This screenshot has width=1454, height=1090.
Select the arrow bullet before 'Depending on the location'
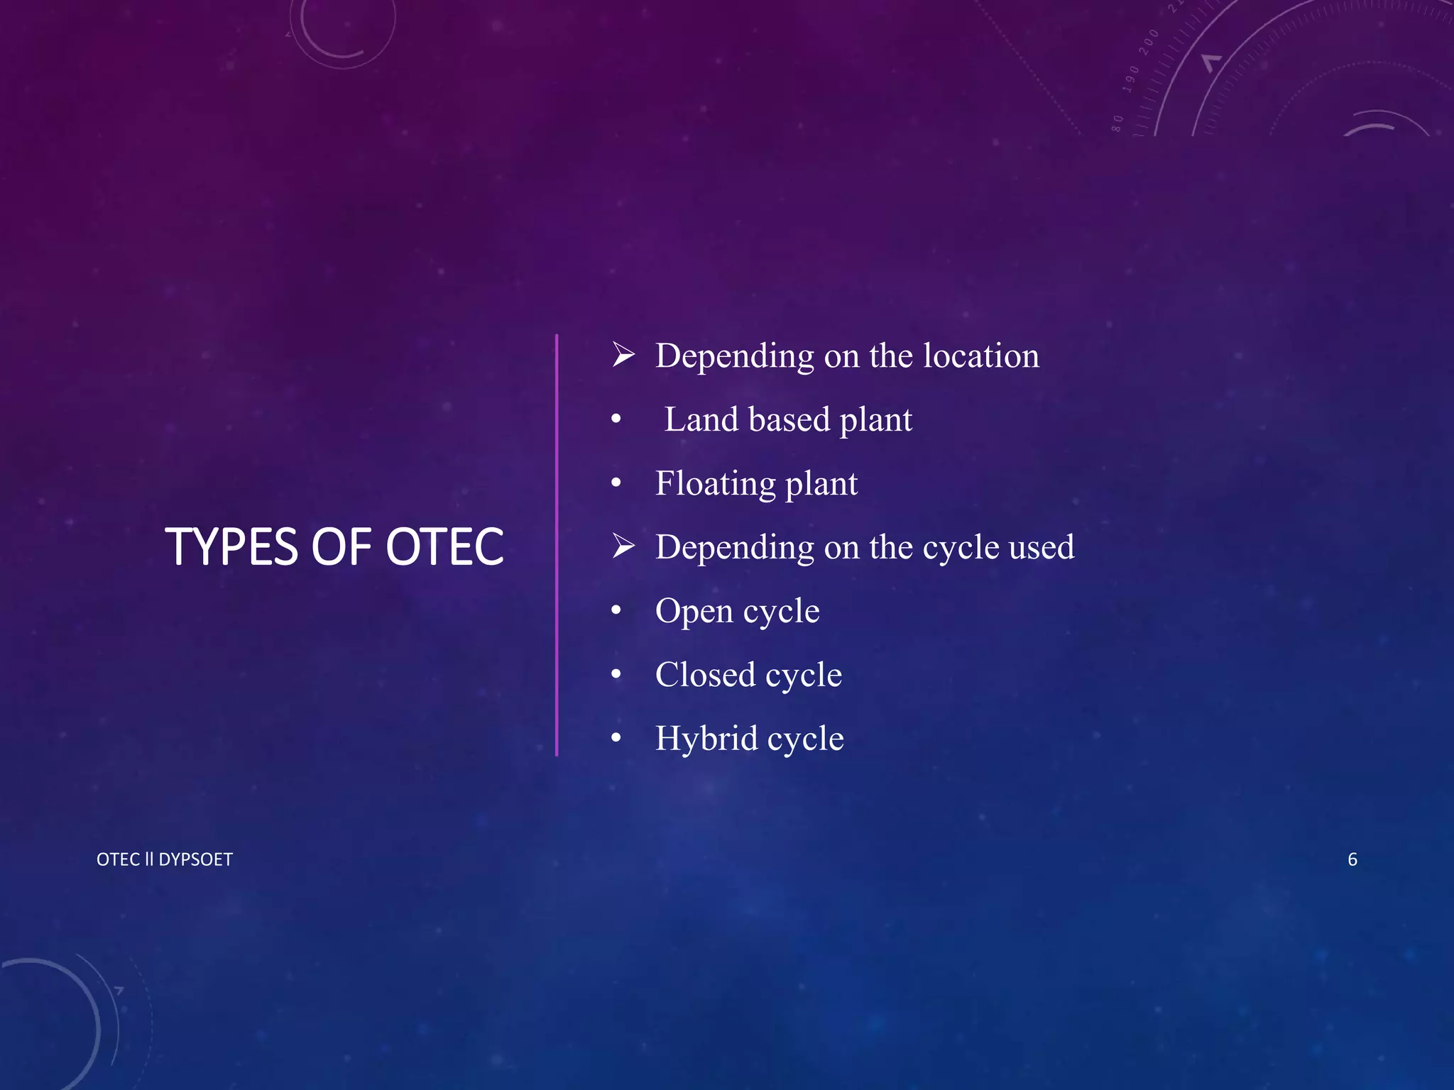click(x=623, y=354)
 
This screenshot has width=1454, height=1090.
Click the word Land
click(x=701, y=419)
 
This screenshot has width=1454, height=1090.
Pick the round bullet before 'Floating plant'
click(x=616, y=483)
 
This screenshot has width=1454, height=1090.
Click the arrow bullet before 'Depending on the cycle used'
click(x=623, y=546)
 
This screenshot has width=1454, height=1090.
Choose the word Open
click(x=694, y=612)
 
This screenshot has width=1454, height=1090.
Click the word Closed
click(x=705, y=675)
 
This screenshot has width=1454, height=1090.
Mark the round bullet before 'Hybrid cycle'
click(x=616, y=738)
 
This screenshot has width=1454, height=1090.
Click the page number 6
click(x=1352, y=859)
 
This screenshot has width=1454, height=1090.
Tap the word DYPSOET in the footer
click(x=195, y=859)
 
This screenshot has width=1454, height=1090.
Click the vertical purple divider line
click(x=557, y=545)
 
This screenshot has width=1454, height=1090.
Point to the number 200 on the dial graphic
click(x=1148, y=42)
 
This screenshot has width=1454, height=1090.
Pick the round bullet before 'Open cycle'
click(x=616, y=610)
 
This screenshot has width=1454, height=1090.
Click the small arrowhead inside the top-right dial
click(x=1210, y=62)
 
